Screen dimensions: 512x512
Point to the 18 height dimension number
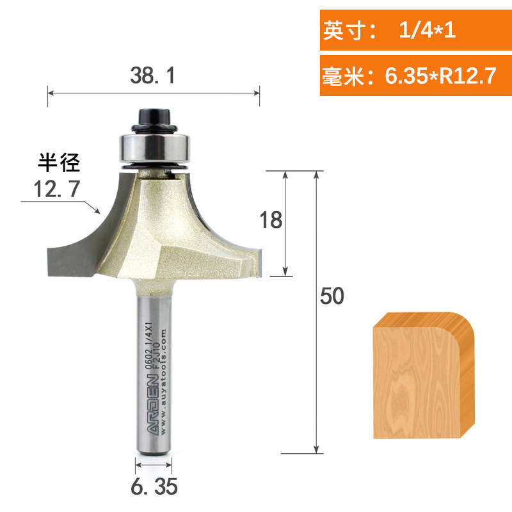click(271, 220)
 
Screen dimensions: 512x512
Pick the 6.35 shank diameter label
click(154, 488)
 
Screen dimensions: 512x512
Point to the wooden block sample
click(424, 378)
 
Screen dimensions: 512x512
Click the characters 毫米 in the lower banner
click(343, 76)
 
